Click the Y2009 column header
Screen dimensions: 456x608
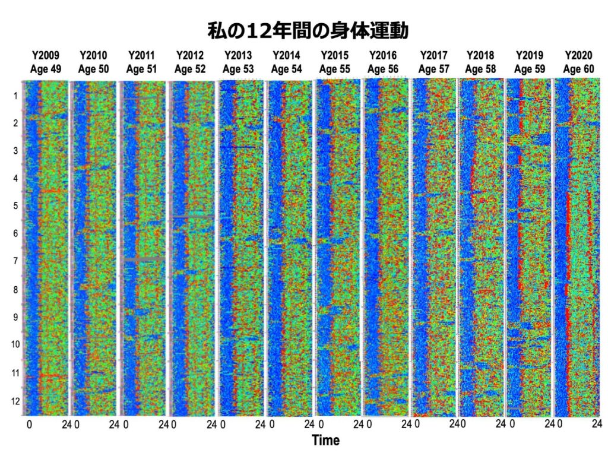(x=46, y=56)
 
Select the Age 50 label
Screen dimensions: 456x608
(x=94, y=69)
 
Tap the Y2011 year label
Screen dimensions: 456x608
(x=142, y=56)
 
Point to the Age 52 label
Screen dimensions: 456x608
(x=190, y=69)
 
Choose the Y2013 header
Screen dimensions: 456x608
(x=239, y=56)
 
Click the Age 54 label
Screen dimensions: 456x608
(x=287, y=69)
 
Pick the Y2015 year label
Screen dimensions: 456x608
(x=335, y=56)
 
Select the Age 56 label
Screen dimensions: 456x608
(x=383, y=69)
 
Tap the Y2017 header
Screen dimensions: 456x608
(x=433, y=56)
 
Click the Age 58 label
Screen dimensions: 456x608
(x=480, y=69)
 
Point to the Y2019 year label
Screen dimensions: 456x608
(x=530, y=56)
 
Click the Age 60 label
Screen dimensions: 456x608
(x=578, y=69)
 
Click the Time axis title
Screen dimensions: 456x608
(x=326, y=441)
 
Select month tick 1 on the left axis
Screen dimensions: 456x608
(x=14, y=96)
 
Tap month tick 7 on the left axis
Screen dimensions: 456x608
(x=14, y=261)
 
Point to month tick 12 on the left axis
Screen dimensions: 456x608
(x=14, y=401)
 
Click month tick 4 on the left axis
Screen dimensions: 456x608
(x=14, y=178)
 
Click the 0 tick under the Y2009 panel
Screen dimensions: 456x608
(x=29, y=425)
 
